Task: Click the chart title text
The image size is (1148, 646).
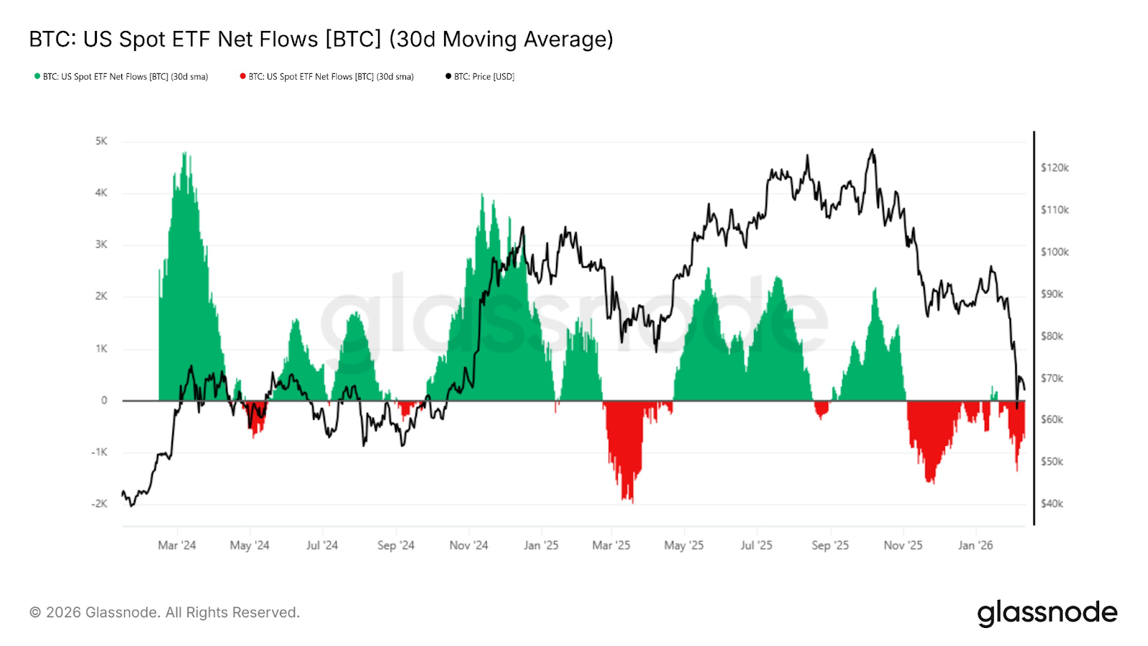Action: (321, 39)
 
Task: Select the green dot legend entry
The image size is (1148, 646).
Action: (121, 77)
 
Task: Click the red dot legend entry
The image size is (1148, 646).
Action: (327, 77)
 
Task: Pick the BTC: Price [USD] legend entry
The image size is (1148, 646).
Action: (480, 77)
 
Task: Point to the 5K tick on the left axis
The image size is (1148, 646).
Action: (101, 141)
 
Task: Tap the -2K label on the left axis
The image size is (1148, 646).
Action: (99, 504)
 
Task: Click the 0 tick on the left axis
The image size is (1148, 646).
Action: (104, 401)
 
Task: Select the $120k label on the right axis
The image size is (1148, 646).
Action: (1055, 168)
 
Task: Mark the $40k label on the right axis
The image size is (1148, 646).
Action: (1052, 504)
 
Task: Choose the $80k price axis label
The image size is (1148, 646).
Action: (1052, 336)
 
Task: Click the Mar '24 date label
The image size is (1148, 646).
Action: (177, 546)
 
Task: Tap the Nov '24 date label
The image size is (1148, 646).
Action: (469, 546)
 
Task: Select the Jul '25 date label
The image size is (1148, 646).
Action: (756, 546)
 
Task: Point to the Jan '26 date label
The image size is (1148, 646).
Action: (975, 546)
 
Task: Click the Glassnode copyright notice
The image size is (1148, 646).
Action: (164, 612)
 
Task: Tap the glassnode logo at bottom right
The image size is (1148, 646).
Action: (1047, 613)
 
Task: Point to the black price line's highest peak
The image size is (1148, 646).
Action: (872, 150)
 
